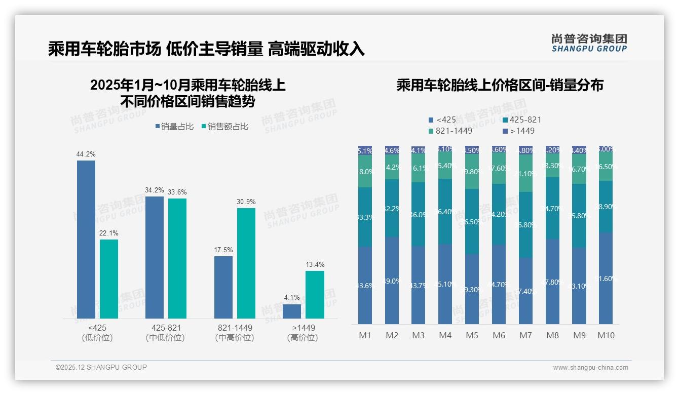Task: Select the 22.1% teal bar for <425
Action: tap(109, 279)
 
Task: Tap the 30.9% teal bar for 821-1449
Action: tap(246, 263)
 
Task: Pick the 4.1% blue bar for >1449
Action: tap(292, 311)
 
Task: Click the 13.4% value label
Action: tap(315, 264)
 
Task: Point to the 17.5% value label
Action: tap(223, 250)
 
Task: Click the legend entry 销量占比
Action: tap(174, 127)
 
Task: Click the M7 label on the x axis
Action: tap(526, 335)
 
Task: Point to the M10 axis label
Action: tap(606, 335)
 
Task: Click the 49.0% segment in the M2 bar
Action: tap(392, 281)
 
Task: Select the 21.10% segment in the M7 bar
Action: tap(526, 173)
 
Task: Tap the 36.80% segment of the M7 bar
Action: tap(526, 225)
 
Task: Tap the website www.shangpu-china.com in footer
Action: tap(590, 368)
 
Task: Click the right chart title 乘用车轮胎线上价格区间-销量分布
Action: tap(500, 85)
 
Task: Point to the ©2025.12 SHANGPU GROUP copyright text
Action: tap(101, 367)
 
